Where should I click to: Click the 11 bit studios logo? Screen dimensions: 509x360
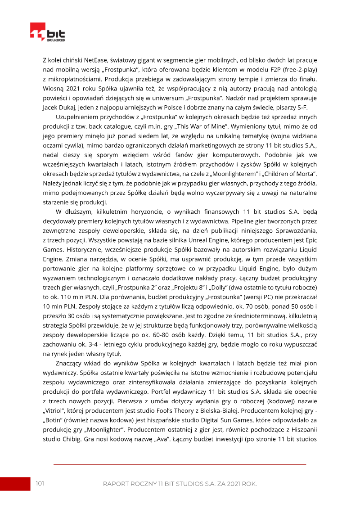(x=47, y=33)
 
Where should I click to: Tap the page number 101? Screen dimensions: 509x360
(x=40, y=483)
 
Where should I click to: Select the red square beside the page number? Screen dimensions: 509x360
(x=14, y=484)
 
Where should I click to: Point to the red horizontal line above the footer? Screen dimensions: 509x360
(x=180, y=464)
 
